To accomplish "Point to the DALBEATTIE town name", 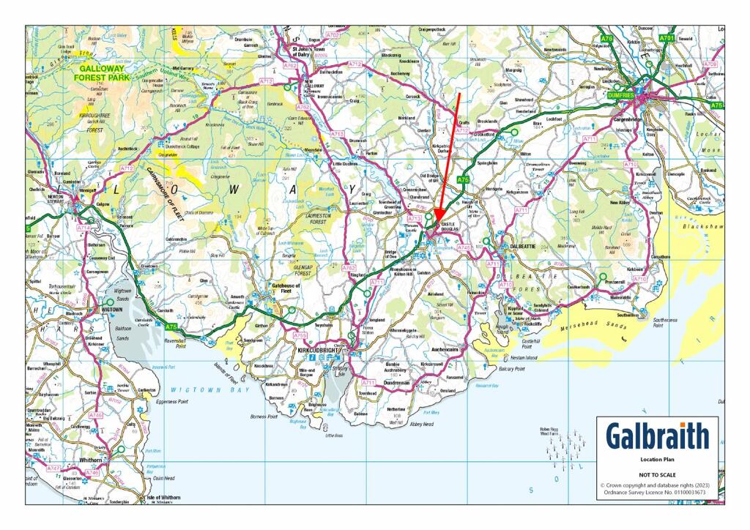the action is (525, 247).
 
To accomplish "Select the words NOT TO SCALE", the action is (657, 474).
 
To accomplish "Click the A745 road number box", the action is (464, 248).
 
